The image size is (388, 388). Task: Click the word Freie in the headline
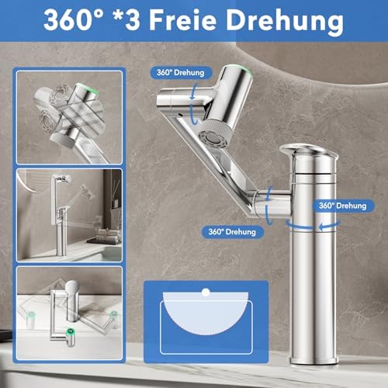[x=182, y=20]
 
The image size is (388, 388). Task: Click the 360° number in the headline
[x=74, y=20]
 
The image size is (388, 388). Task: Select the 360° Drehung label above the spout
[x=181, y=72]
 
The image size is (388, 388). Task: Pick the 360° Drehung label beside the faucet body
[x=343, y=206]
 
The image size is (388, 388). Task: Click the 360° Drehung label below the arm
[x=232, y=231]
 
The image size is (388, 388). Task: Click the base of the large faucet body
[x=314, y=359]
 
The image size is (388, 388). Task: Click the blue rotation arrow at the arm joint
[x=269, y=205]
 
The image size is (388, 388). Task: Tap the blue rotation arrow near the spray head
[x=193, y=103]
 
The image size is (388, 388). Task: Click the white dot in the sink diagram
[x=206, y=293]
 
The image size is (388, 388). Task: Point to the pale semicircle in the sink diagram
[x=206, y=313]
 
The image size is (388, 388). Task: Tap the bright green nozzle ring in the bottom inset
[x=71, y=331]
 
